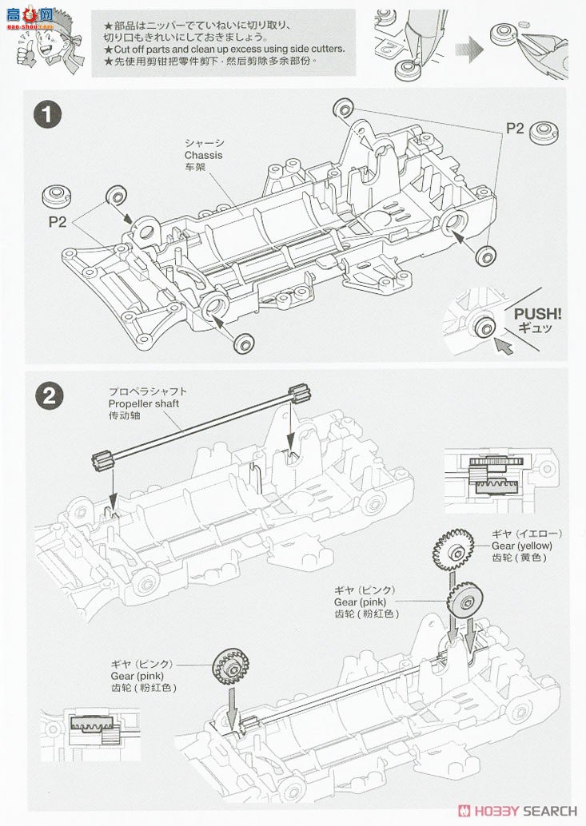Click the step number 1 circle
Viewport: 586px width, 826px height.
[x=48, y=114]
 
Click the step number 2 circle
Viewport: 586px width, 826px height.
[x=48, y=395]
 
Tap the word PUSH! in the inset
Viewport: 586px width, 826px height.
[x=536, y=314]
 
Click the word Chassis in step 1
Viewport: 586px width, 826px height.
[x=203, y=155]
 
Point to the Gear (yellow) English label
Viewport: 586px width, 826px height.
[x=518, y=546]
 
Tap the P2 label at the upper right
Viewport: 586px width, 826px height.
[x=514, y=128]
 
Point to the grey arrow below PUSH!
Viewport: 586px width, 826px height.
[x=503, y=345]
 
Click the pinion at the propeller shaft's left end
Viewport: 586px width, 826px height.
[x=99, y=461]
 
